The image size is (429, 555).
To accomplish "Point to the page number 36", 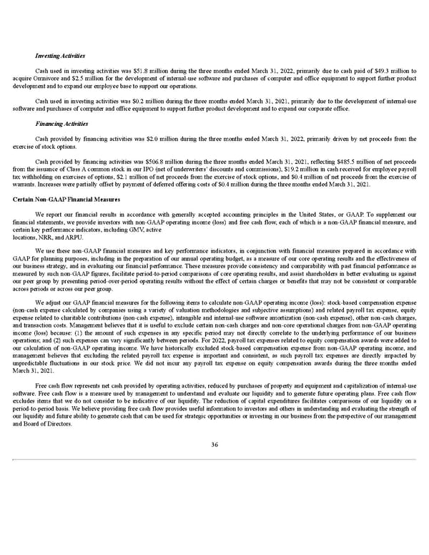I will pos(214,444).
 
